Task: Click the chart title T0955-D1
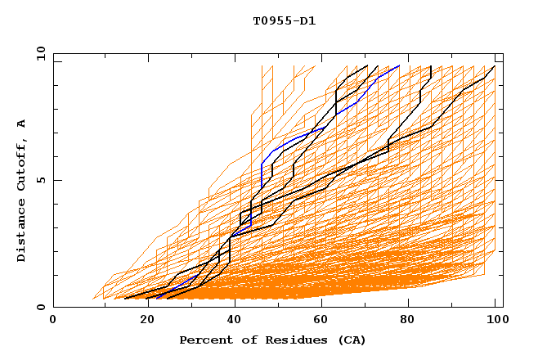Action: tap(284, 21)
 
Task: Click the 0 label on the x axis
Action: tap(53, 321)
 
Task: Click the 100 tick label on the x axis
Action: tap(495, 321)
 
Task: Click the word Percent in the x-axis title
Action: tap(202, 340)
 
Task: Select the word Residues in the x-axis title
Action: tap(285, 340)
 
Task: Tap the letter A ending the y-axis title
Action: tap(22, 123)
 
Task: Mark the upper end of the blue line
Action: tap(399, 65)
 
